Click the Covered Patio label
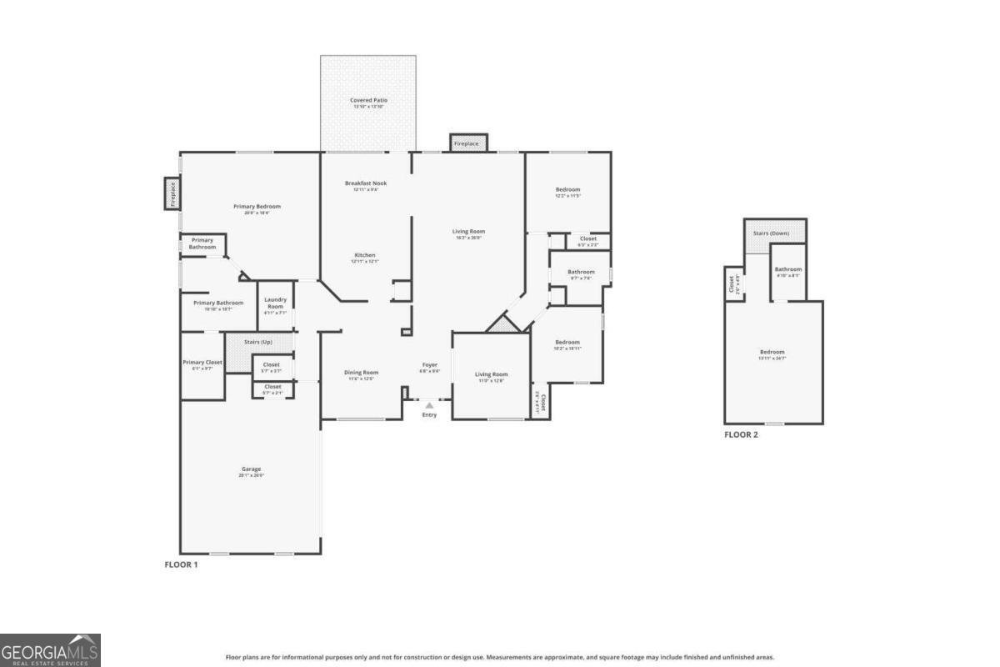[x=368, y=100]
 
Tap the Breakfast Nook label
[x=366, y=183]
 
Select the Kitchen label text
[x=365, y=255]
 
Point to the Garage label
[x=252, y=469]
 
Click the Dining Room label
[x=362, y=373]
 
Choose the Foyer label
[x=429, y=364]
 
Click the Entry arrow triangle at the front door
[x=429, y=405]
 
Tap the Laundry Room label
[x=275, y=303]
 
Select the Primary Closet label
[x=202, y=363]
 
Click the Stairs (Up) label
[x=257, y=343]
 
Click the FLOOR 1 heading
[x=181, y=564]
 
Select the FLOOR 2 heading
[x=741, y=434]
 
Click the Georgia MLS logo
[x=50, y=649]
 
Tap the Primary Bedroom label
[x=257, y=207]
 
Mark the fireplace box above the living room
[x=467, y=143]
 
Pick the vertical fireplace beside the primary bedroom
[x=172, y=193]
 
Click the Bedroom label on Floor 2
[x=772, y=352]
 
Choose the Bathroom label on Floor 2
[x=788, y=269]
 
